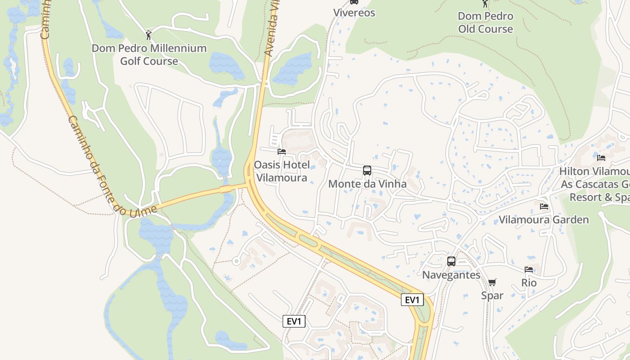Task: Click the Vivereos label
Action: click(x=354, y=13)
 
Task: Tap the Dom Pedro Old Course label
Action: click(x=485, y=22)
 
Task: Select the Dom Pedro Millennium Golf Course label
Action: click(x=149, y=54)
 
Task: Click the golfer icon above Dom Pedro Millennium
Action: click(x=148, y=35)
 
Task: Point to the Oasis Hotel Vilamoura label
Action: click(x=282, y=171)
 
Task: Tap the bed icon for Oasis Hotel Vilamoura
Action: click(x=282, y=152)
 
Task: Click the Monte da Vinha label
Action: click(x=367, y=184)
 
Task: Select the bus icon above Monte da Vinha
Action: click(x=367, y=171)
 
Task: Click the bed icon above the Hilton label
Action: click(x=601, y=157)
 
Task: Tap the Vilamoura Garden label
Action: click(x=544, y=220)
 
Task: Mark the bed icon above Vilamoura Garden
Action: click(x=544, y=207)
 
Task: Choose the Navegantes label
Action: click(x=451, y=274)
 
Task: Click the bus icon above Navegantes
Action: click(x=451, y=261)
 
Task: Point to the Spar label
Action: click(x=492, y=295)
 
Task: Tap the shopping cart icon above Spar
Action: click(x=492, y=282)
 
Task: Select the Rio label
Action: click(x=529, y=283)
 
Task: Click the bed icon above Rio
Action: click(x=529, y=270)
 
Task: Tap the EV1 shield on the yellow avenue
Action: click(x=412, y=300)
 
